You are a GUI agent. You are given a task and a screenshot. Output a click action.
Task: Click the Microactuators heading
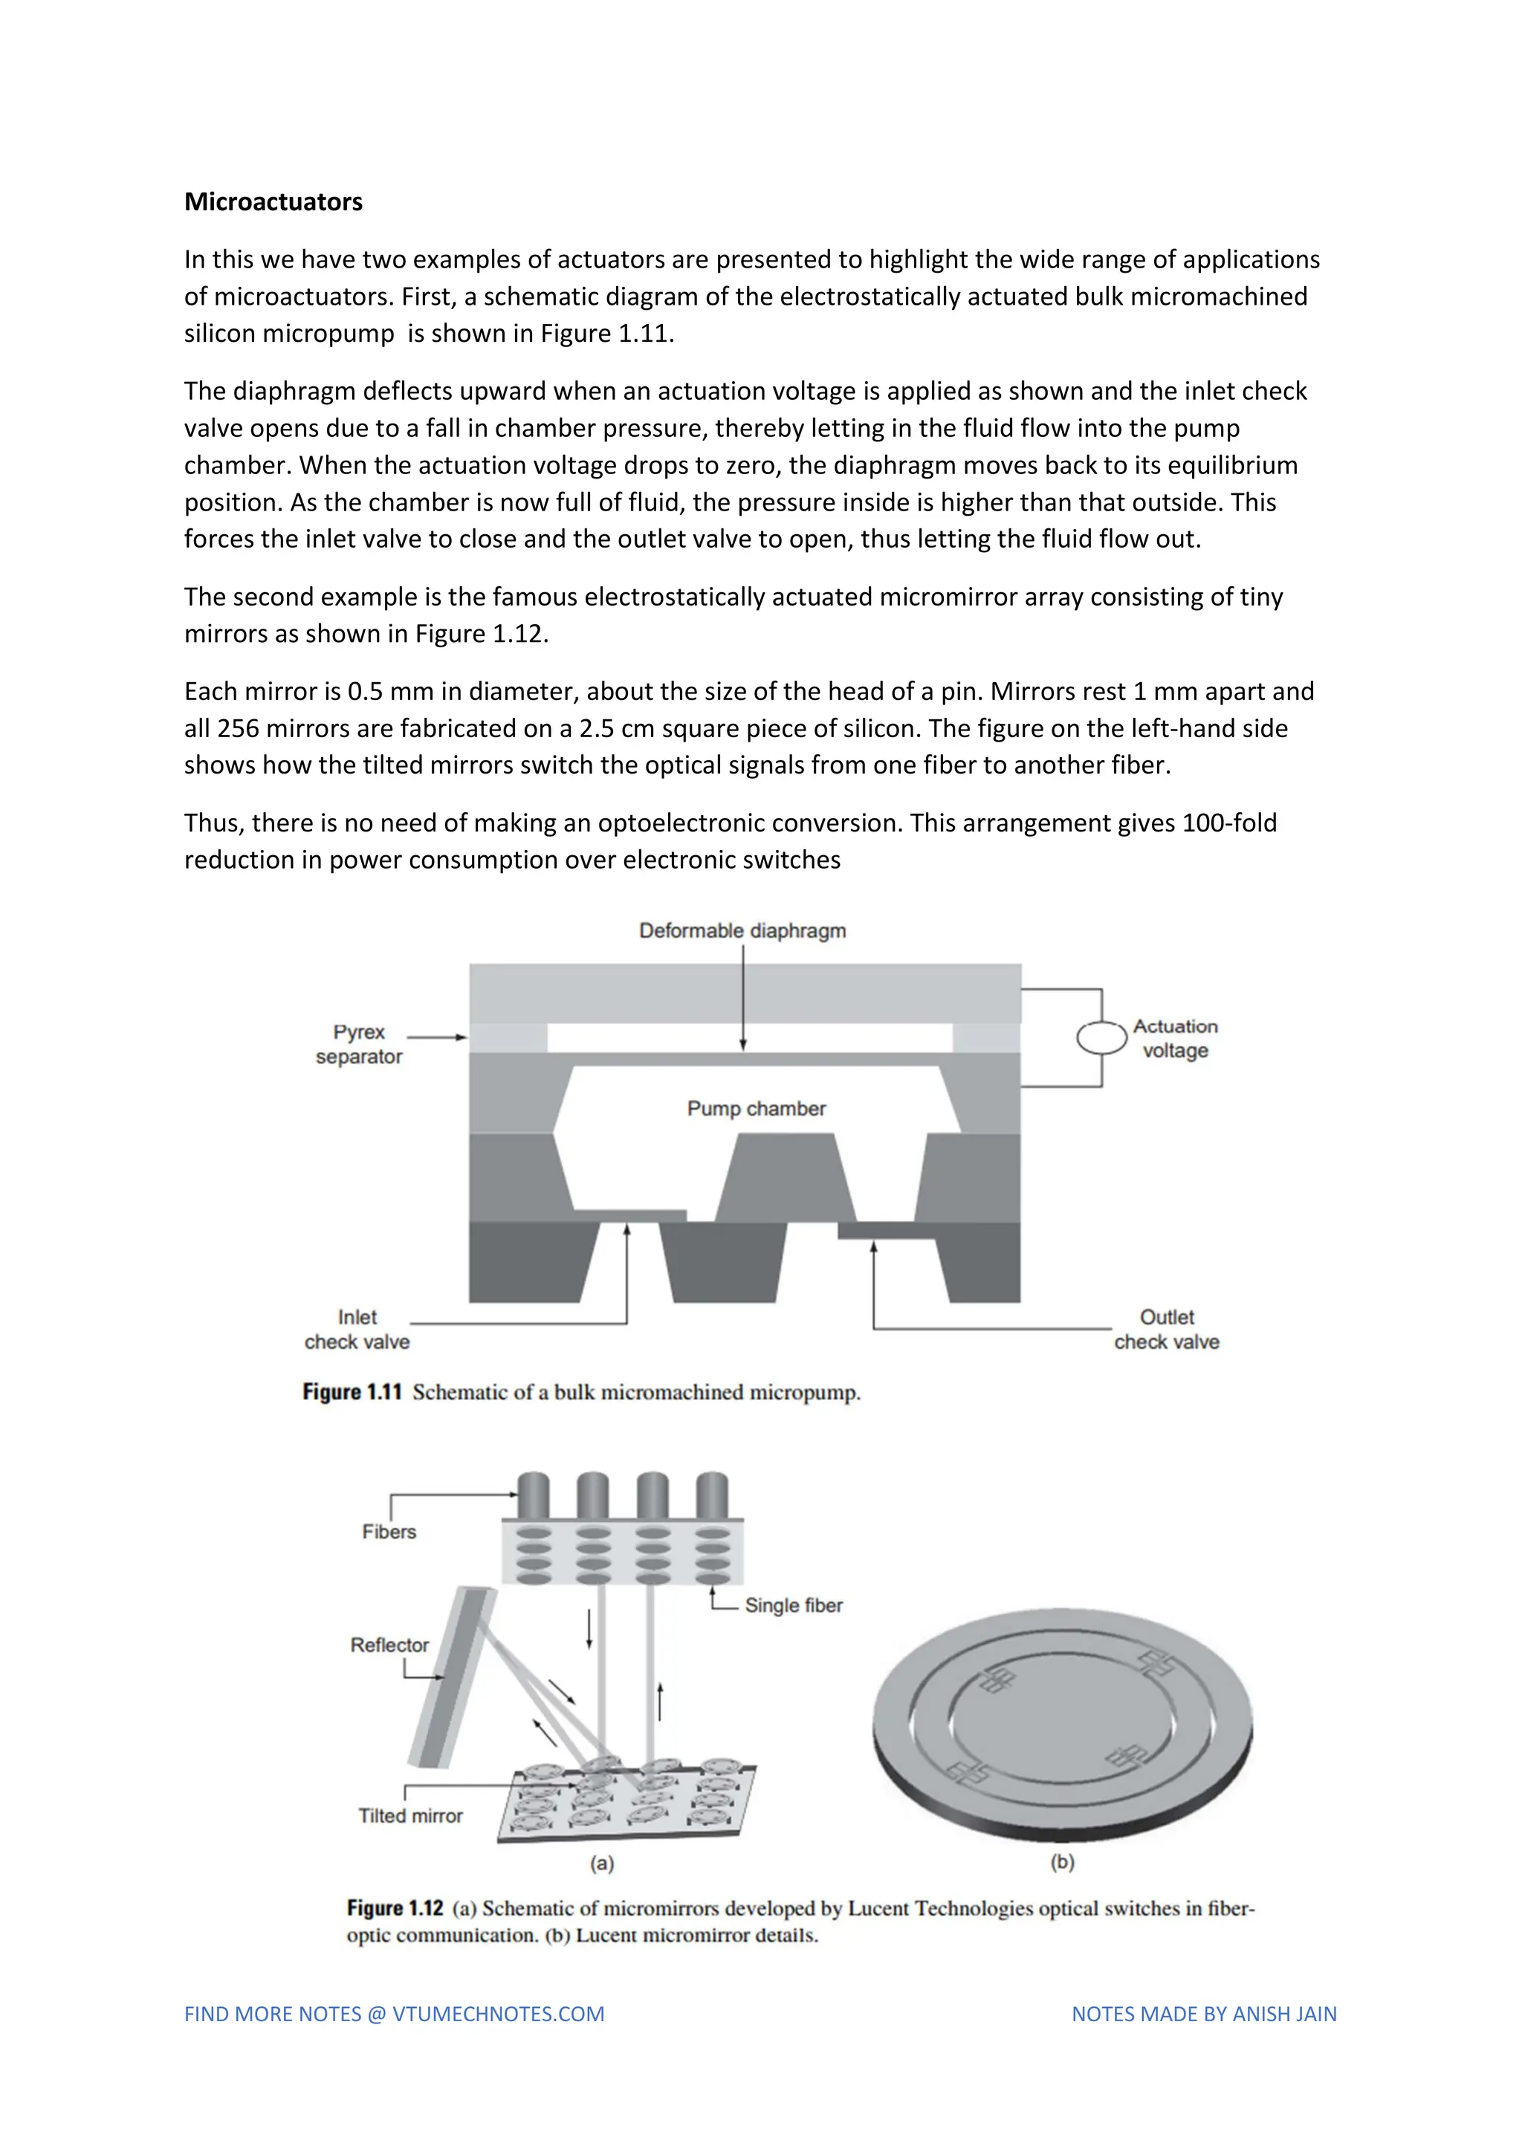[273, 201]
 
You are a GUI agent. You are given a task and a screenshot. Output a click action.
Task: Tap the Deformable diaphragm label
[742, 930]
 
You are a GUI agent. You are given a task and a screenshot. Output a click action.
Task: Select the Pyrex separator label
[359, 1044]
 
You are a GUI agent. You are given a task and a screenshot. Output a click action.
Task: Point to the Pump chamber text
[757, 1109]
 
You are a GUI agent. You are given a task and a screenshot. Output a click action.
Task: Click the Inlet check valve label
[357, 1329]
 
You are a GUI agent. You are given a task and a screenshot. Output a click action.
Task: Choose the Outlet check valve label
[1167, 1329]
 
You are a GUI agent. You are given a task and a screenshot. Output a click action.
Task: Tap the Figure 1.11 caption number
[352, 1392]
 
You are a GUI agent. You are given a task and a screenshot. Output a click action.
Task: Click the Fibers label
[389, 1532]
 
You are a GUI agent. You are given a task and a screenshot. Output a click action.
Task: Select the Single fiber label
[794, 1606]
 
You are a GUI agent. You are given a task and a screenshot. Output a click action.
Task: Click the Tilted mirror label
[410, 1815]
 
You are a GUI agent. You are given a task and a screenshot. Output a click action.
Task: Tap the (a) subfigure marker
[602, 1864]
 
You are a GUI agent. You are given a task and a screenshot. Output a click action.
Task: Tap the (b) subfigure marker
[1062, 1862]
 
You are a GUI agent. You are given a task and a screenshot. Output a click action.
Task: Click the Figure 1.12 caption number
[395, 1908]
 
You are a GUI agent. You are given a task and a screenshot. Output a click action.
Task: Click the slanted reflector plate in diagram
[453, 1678]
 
